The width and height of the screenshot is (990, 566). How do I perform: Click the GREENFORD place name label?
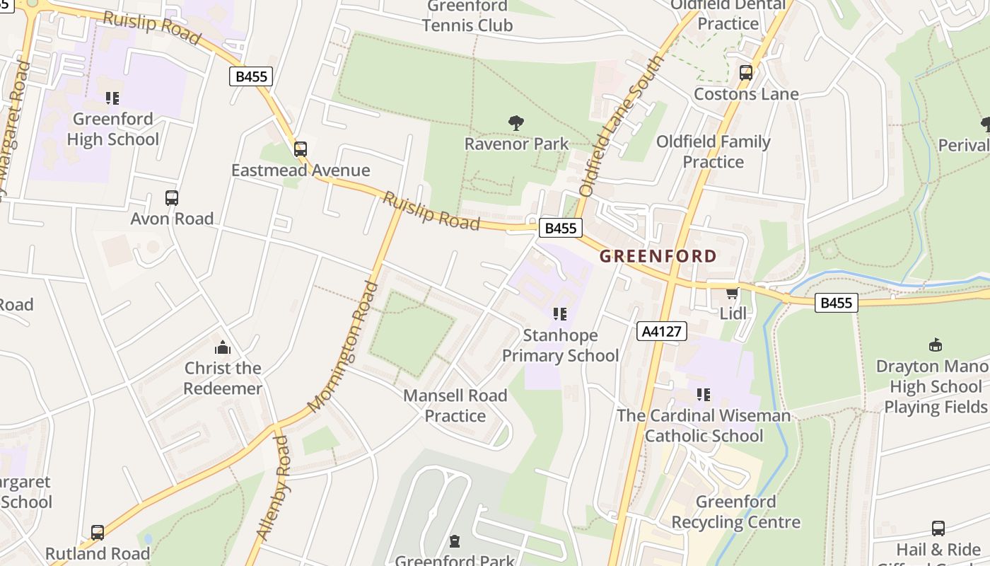658,256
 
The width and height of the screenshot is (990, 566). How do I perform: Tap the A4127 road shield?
662,331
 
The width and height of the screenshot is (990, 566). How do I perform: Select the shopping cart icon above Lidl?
732,292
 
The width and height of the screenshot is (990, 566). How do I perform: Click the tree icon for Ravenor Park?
516,123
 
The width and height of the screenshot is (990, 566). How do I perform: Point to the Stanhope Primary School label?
560,345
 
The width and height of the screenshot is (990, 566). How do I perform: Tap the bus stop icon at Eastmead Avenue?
301,149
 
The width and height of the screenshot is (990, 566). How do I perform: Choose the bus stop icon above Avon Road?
172,198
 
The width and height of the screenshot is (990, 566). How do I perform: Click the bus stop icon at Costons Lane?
745,72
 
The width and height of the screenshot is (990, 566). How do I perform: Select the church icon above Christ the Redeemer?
223,347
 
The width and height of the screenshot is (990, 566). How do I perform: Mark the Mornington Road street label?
343,347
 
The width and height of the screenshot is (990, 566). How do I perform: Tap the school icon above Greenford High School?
112,98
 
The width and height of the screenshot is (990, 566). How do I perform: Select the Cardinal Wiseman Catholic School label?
704,425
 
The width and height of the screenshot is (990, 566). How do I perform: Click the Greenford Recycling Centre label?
735,512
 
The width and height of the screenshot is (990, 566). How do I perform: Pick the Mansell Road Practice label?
455,405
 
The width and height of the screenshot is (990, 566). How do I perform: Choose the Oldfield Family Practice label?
713,151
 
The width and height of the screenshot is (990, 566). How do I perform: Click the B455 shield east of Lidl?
836,303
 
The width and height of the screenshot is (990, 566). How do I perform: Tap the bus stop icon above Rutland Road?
98,532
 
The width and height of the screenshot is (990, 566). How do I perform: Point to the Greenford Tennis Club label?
467,16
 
